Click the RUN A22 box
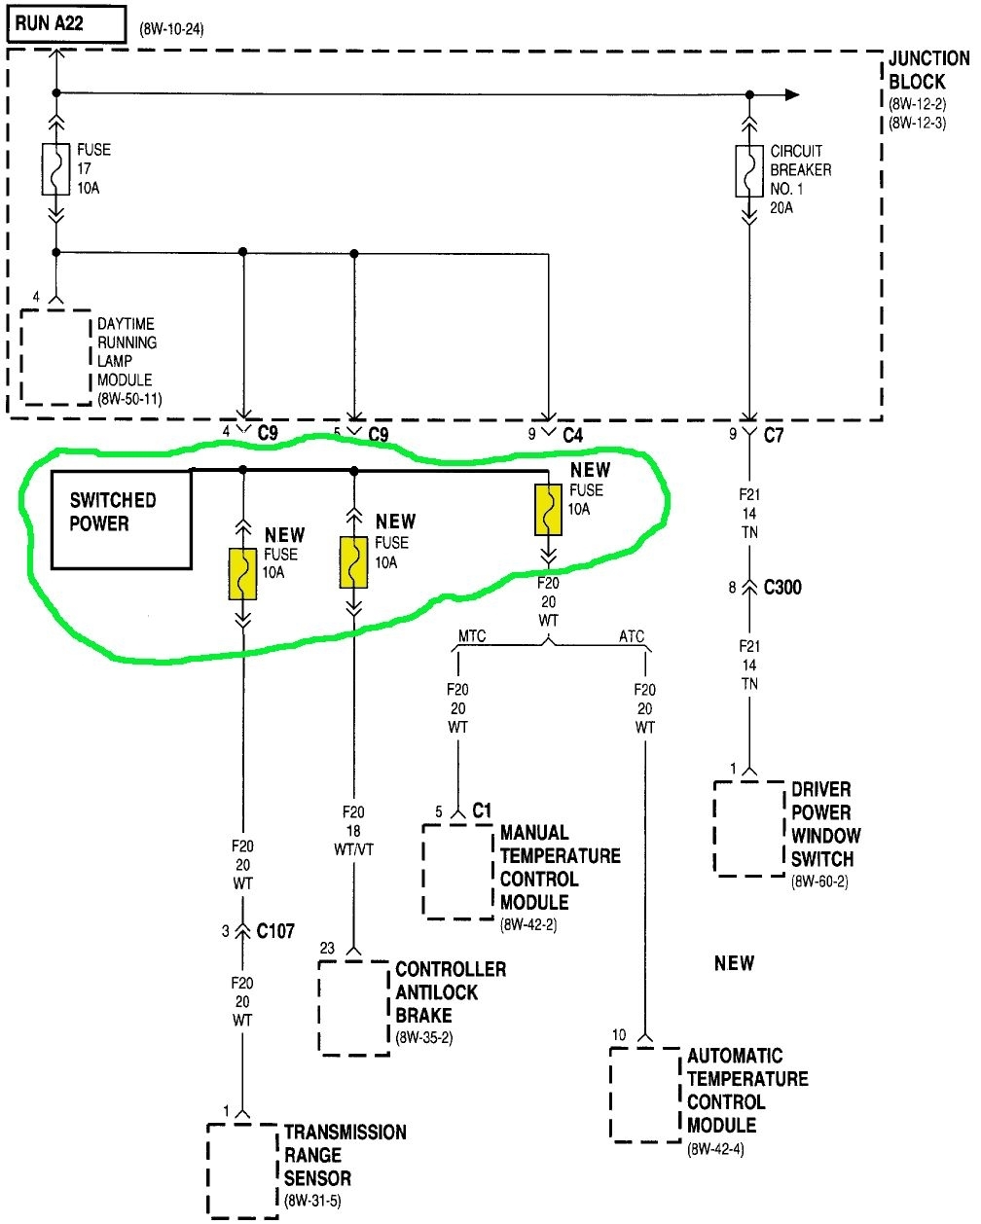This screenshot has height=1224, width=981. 66,23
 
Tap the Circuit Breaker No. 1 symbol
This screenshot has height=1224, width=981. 749,170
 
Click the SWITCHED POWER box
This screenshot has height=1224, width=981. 121,519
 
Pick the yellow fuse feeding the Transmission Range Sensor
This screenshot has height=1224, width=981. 242,573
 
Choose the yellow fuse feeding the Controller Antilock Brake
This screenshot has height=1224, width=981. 353,561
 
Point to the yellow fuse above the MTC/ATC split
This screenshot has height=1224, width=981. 549,510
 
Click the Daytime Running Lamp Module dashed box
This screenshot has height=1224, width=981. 56,357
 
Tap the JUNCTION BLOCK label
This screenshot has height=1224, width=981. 928,71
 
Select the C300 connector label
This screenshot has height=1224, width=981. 782,588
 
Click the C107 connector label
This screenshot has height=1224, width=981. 274,931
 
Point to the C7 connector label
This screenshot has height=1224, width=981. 774,435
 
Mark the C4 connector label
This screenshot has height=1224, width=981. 573,435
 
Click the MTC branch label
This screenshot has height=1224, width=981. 472,637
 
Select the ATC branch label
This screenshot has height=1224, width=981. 632,637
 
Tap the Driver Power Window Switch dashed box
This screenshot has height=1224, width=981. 748,827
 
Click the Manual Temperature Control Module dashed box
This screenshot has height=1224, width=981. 458,871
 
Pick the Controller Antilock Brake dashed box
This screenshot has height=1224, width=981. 354,1008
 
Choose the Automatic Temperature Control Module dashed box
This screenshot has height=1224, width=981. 644,1094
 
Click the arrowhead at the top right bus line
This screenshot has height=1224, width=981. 792,94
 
